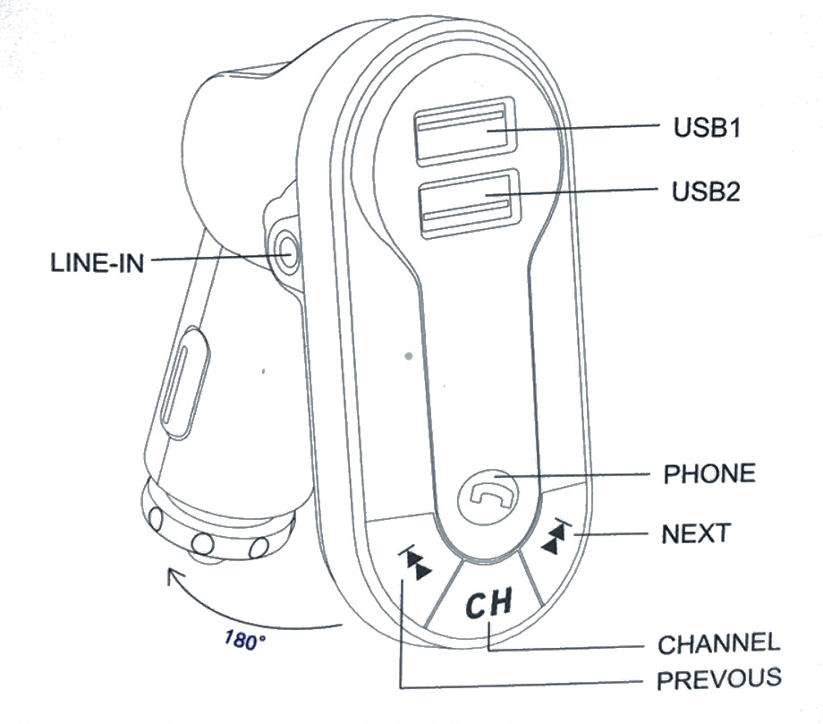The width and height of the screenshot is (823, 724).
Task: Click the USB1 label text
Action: [706, 128]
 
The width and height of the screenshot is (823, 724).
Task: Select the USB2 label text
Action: [707, 191]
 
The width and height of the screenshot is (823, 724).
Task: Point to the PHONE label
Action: [709, 473]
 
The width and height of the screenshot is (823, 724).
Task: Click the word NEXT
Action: [696, 534]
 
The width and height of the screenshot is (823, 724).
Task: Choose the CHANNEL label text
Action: [719, 643]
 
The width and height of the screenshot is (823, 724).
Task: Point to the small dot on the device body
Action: [408, 356]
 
